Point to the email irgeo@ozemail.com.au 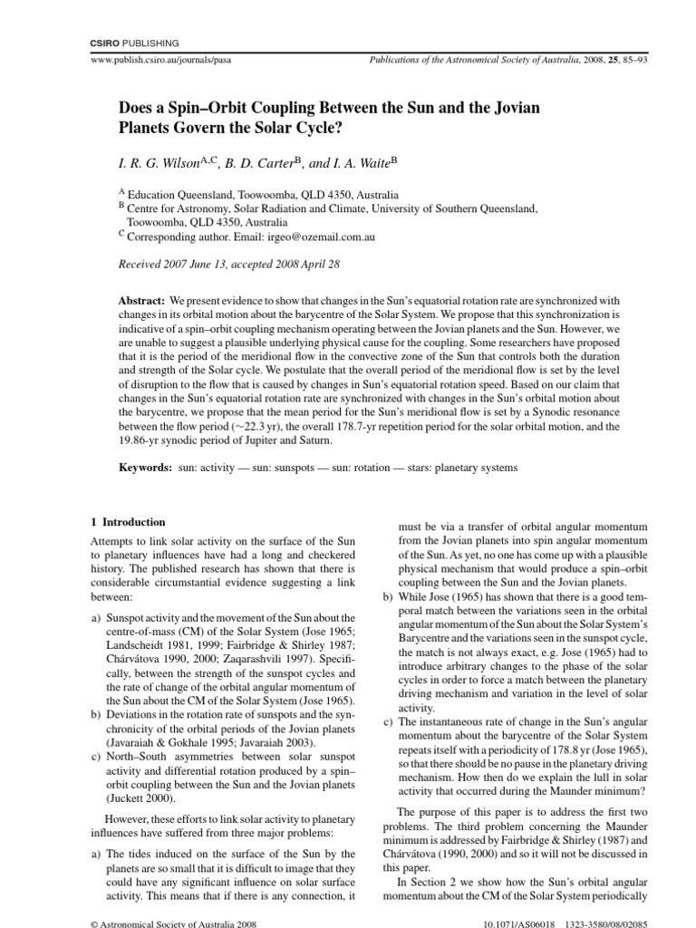coord(304,237)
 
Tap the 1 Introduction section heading coord(127,523)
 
